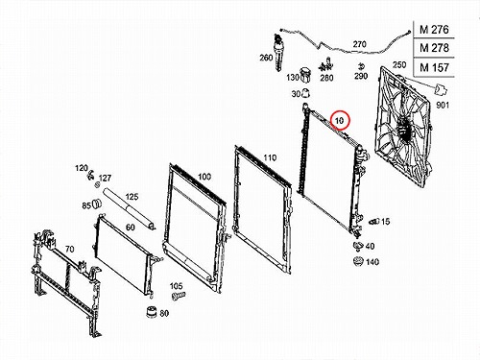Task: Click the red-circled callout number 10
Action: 339,121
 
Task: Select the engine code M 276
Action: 434,30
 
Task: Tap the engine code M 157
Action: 434,67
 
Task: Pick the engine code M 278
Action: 434,48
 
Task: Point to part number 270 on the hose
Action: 359,44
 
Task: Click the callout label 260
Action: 266,58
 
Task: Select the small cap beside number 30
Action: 306,93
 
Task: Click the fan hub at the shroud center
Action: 403,129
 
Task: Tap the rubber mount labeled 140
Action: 358,261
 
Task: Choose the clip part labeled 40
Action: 358,246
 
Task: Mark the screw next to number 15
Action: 374,221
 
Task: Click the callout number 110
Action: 270,157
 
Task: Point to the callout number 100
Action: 204,177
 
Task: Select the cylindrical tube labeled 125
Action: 130,209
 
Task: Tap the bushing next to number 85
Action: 97,204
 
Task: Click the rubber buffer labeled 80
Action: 152,312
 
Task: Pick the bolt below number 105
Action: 179,296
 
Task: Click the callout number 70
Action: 69,249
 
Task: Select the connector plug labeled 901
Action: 441,89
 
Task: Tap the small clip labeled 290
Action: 361,66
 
